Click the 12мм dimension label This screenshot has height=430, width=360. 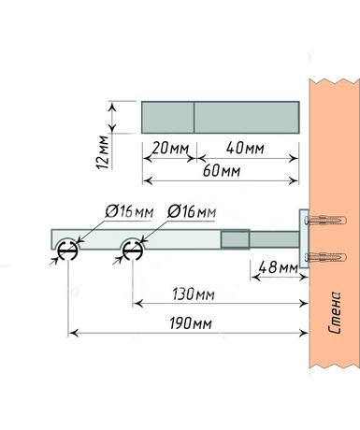(103, 152)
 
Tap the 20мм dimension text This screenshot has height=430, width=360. (170, 149)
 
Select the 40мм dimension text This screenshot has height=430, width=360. (245, 148)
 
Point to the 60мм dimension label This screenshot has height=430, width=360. (222, 171)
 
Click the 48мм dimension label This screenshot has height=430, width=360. (279, 267)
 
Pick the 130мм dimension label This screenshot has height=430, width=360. (194, 294)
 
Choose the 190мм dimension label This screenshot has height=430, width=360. (191, 323)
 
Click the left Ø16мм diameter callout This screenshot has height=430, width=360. (129, 212)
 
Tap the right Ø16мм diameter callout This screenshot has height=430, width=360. (192, 212)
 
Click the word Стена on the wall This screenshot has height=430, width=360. (335, 312)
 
